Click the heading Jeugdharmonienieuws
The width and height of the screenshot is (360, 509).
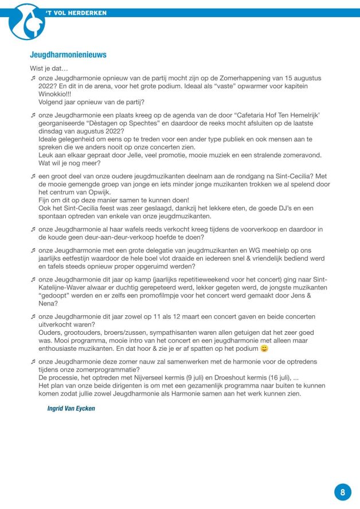click(68, 55)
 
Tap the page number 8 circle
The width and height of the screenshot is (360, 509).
click(342, 491)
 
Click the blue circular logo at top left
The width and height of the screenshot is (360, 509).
click(27, 22)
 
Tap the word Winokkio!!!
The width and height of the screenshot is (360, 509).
click(56, 94)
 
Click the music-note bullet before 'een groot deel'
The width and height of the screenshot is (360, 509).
click(33, 177)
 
